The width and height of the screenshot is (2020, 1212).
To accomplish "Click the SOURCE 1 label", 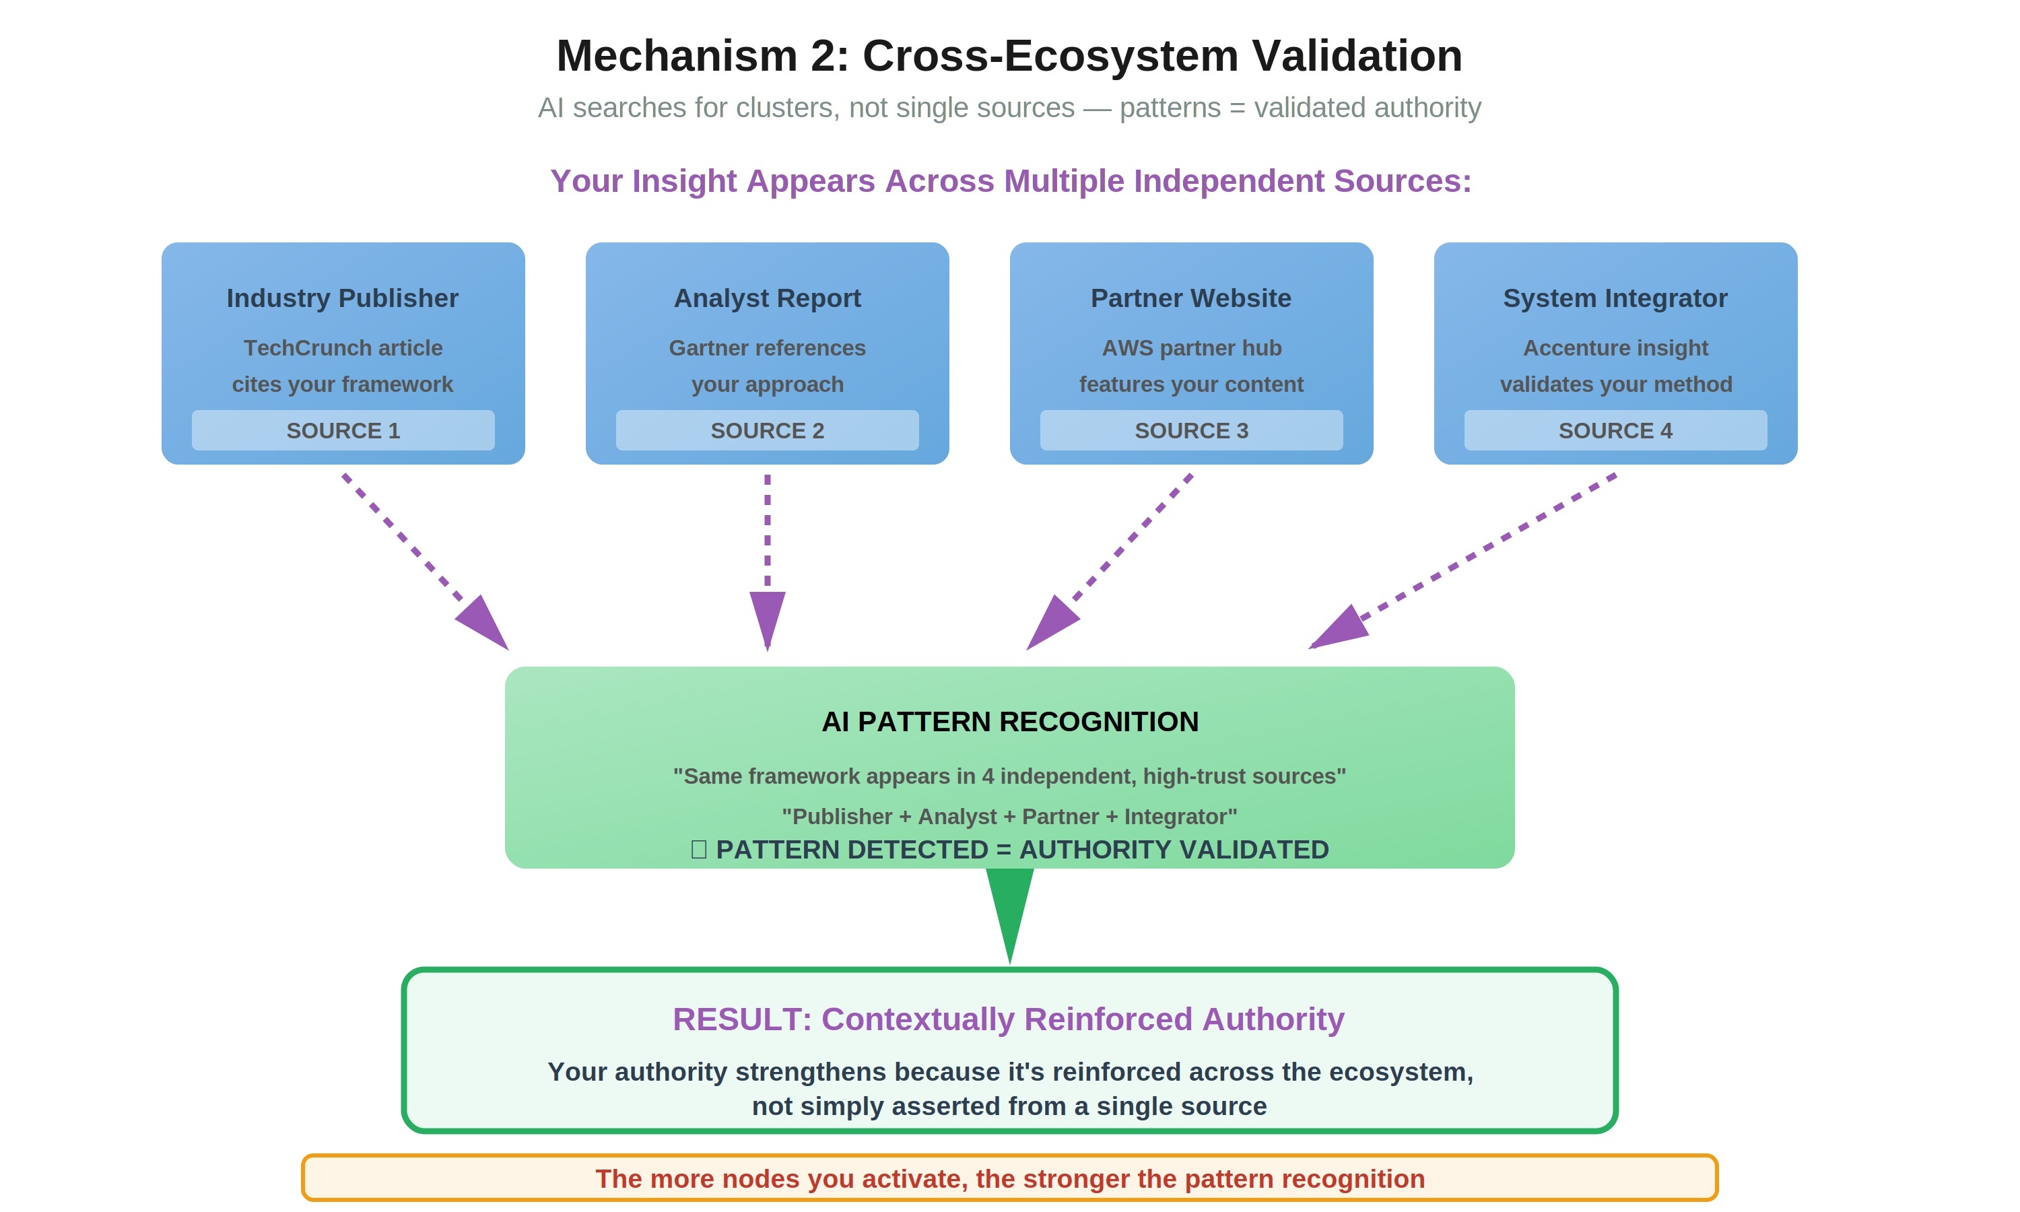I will tap(343, 430).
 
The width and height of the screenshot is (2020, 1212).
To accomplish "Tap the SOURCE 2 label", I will tap(767, 430).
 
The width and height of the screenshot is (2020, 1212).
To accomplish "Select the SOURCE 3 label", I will tap(1191, 430).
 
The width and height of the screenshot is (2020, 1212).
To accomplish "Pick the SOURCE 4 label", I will tap(1615, 430).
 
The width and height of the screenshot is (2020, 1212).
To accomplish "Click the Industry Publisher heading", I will tap(342, 298).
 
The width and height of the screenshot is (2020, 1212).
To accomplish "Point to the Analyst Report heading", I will tap(767, 298).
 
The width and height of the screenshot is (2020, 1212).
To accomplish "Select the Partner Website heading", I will tap(1190, 298).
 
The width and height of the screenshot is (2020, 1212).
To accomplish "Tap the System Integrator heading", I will tap(1615, 298).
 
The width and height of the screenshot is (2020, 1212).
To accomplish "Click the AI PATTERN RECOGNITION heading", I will tap(1009, 722).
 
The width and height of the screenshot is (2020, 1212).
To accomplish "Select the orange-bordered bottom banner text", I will tap(1009, 1178).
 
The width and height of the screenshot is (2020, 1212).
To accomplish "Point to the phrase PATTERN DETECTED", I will tap(852, 849).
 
